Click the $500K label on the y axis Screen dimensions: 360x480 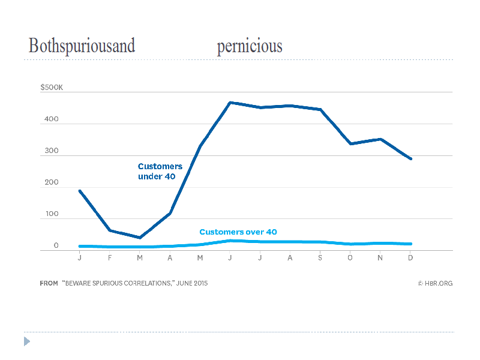51,88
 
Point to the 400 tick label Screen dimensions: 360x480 52,119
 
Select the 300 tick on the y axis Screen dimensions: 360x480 52,151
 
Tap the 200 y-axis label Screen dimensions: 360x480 52,182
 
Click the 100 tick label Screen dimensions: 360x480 52,214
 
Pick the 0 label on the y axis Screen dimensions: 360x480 56,245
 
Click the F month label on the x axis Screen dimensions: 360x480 110,257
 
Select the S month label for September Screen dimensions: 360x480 320,257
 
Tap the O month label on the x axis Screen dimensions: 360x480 350,257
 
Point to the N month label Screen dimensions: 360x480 380,257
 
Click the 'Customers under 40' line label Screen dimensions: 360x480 160,171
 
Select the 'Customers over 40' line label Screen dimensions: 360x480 238,232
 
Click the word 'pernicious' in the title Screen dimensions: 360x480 250,47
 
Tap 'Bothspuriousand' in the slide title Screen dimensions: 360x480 82,47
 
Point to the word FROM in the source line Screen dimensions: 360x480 49,283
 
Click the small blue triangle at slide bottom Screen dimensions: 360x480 27,341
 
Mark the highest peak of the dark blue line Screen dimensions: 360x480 230,103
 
